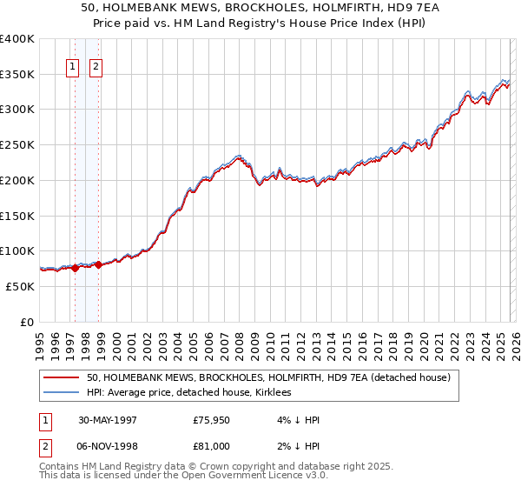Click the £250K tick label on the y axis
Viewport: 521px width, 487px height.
(x=16, y=145)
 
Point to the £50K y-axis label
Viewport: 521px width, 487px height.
(x=20, y=286)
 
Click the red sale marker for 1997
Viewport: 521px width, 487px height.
(x=76, y=268)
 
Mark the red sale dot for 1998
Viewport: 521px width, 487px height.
(x=98, y=264)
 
